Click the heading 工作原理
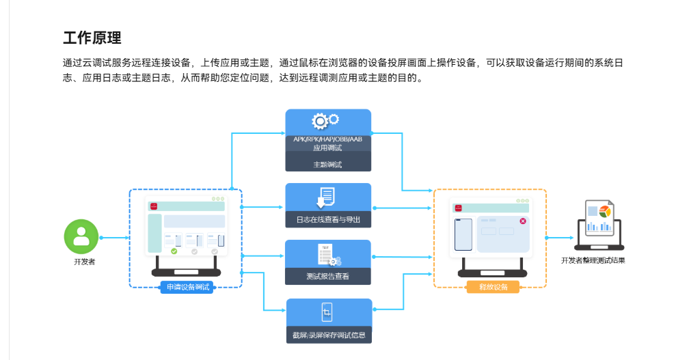pos(92,38)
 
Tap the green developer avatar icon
pos(81,236)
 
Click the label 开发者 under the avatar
pos(84,262)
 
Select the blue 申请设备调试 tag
pos(187,287)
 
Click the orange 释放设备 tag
pos(493,287)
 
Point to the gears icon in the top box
pos(325,120)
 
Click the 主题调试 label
pos(327,165)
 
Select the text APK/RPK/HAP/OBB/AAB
pos(328,139)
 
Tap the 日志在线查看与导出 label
pos(328,219)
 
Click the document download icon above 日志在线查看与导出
pos(326,197)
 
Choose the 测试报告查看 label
pos(328,276)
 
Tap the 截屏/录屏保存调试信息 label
pos(329,335)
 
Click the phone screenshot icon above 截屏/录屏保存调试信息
pos(327,312)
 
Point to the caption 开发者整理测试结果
pos(593,260)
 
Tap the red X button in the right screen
pos(523,221)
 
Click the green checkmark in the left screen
pos(174,251)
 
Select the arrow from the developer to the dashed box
pos(115,238)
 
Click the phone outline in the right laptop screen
pos(463,234)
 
